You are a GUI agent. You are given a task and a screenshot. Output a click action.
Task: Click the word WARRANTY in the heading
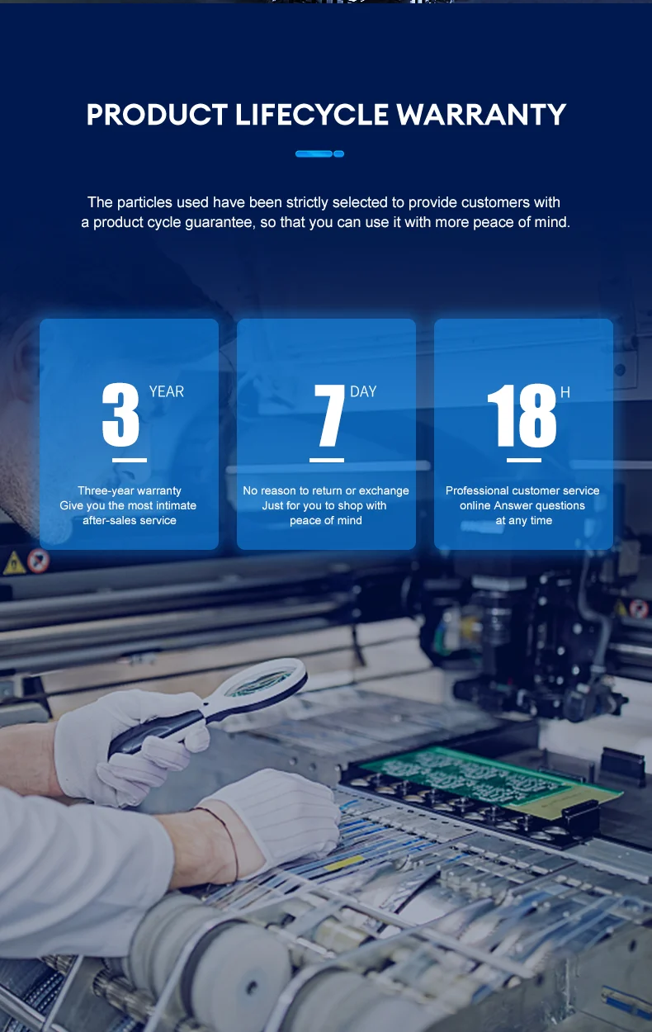click(481, 114)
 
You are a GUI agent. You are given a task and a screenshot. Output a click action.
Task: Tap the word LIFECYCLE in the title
click(312, 114)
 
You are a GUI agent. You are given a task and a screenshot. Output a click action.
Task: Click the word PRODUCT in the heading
click(157, 114)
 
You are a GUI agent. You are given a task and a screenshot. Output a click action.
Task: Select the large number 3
click(120, 414)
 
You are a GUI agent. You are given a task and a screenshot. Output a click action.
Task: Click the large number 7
click(329, 415)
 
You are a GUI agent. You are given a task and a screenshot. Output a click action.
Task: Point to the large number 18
click(522, 415)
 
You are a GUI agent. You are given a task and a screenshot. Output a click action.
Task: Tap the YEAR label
click(166, 391)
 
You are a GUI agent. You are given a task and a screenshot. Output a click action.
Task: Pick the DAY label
click(363, 391)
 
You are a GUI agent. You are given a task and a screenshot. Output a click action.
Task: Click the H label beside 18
click(565, 392)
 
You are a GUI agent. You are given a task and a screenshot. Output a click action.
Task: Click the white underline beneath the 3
click(130, 460)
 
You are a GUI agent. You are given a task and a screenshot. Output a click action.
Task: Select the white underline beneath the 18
click(524, 460)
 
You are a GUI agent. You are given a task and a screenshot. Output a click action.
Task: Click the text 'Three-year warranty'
click(130, 490)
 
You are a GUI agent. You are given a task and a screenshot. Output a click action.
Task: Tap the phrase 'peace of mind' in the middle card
click(325, 521)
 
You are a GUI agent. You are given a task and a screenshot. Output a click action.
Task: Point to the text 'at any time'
click(523, 521)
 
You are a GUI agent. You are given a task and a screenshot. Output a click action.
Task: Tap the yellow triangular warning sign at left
click(14, 563)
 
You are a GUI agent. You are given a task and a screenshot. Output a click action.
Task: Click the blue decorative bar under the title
click(319, 154)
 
